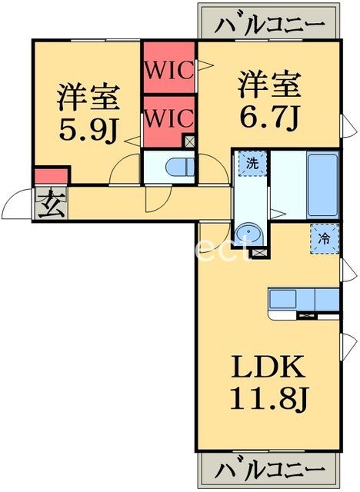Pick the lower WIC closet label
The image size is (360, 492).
(x=170, y=120)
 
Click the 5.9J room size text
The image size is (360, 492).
(x=88, y=128)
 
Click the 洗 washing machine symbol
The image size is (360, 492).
(x=252, y=164)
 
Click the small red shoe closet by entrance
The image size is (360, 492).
(x=52, y=176)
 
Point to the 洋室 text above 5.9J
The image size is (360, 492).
(x=88, y=97)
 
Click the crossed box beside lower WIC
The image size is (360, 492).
(x=190, y=141)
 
